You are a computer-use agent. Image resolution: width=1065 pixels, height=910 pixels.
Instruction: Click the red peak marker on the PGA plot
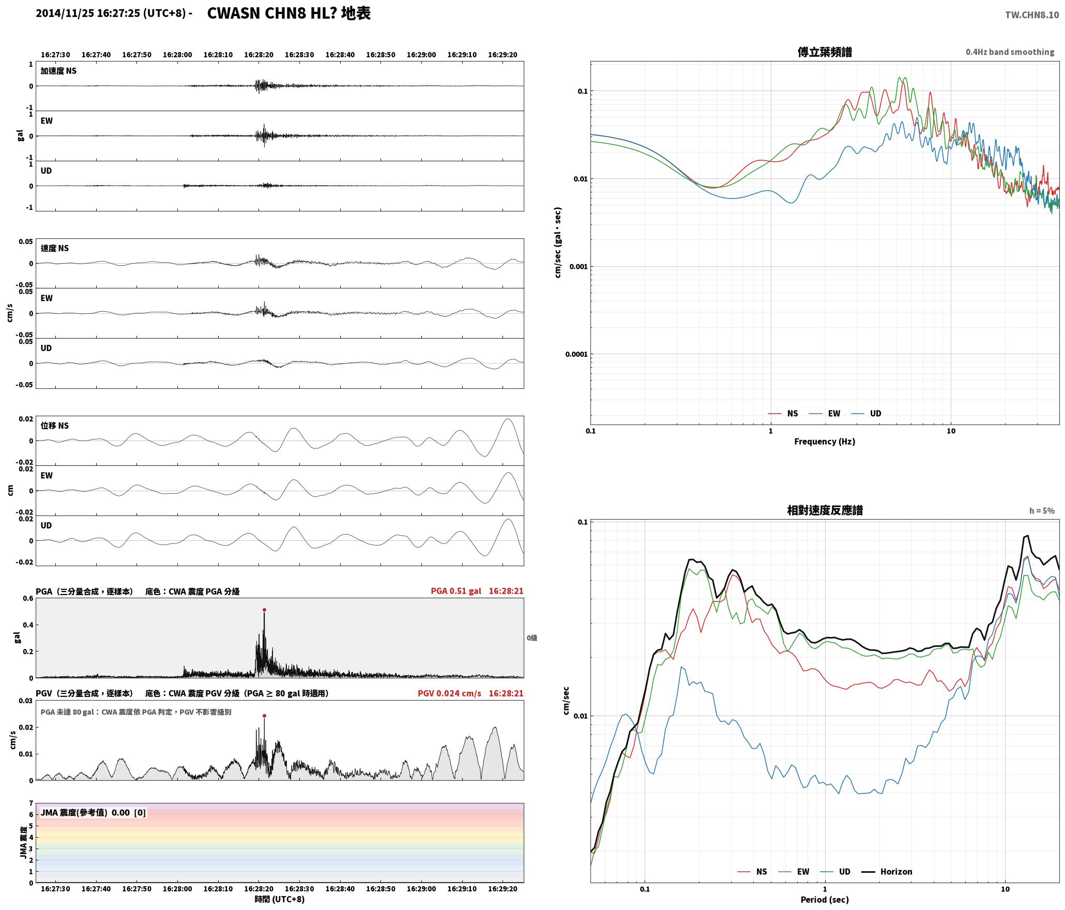[264, 610]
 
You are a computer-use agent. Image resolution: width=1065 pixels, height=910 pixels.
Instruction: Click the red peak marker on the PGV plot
[264, 716]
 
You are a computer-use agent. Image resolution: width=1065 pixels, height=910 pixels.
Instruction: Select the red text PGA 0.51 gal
[455, 591]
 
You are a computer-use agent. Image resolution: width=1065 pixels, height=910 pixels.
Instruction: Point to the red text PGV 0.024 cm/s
[449, 693]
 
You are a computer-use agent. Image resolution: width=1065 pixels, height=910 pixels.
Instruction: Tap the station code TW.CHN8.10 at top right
[1032, 15]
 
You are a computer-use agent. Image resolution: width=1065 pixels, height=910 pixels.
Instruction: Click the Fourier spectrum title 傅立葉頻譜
[825, 52]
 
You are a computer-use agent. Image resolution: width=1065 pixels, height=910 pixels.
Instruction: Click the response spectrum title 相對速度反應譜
[825, 510]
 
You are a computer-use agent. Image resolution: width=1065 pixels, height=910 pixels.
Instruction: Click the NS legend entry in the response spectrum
[752, 872]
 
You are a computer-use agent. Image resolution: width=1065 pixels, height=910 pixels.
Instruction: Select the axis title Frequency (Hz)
[825, 442]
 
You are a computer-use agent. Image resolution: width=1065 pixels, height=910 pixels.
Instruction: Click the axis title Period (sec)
[825, 900]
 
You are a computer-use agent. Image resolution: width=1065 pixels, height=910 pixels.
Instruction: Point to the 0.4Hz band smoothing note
[1010, 52]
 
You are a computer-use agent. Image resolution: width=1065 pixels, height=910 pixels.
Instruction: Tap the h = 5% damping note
[1042, 511]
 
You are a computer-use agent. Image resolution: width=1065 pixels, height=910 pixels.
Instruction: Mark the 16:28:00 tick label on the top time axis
[177, 55]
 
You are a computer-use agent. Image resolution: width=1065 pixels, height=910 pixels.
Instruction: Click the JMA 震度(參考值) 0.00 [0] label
[93, 813]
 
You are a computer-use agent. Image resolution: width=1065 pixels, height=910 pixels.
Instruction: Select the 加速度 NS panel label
[58, 71]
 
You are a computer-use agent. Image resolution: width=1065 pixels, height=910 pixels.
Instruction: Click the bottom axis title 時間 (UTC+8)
[279, 899]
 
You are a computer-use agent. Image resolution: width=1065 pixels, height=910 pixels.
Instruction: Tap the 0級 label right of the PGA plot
[532, 638]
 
